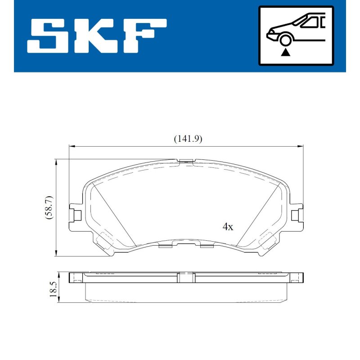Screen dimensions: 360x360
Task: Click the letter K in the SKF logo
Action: (98, 36)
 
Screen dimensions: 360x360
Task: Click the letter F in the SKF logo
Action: (144, 36)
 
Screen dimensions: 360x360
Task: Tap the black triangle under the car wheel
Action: (285, 53)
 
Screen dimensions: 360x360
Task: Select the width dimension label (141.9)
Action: (188, 139)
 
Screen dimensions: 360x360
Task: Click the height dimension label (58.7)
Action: (49, 207)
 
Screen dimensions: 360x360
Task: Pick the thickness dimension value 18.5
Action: (53, 289)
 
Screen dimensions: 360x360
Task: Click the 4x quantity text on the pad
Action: (228, 227)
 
